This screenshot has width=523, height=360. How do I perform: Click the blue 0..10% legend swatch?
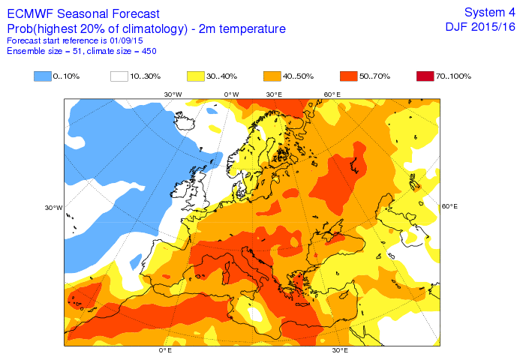(43, 76)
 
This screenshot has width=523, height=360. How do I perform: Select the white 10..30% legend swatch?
(119, 76)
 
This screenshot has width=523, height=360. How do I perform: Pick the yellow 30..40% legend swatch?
(196, 76)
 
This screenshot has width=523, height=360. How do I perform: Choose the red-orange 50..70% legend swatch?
(348, 76)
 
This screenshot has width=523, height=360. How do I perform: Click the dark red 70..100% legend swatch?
(425, 76)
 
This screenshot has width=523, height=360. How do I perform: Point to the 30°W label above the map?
(173, 94)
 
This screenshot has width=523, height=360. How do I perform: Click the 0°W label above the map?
(231, 94)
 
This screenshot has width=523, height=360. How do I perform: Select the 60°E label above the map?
(332, 94)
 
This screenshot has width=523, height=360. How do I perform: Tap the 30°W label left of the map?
(53, 208)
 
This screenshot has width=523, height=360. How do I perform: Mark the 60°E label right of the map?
(449, 206)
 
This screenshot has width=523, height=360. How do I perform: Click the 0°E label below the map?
(165, 351)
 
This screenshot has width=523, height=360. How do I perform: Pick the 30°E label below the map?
(340, 351)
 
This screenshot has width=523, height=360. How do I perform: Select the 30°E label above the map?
(274, 94)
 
